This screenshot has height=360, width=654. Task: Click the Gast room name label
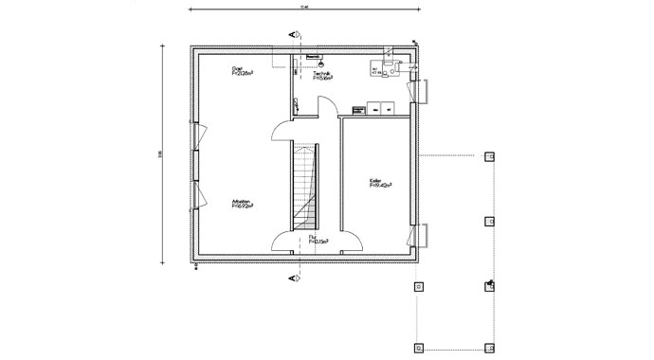[238, 69]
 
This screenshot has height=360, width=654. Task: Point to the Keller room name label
[376, 182]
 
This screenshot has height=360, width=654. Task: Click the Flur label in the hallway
[313, 238]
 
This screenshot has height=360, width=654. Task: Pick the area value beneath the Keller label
[381, 188]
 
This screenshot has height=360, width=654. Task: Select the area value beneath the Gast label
[243, 75]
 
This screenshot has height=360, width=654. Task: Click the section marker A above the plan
[295, 33]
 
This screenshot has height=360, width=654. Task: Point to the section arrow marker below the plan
[295, 279]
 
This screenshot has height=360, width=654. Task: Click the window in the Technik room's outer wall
[419, 90]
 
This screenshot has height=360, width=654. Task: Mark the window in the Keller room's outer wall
[419, 234]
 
